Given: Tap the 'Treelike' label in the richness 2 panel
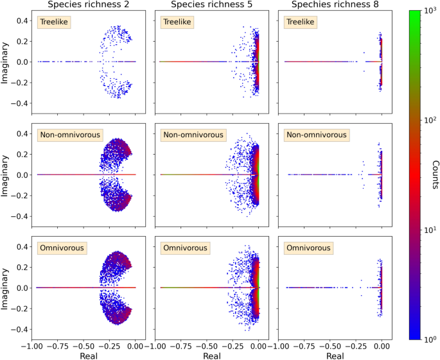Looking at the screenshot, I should [x=54, y=22].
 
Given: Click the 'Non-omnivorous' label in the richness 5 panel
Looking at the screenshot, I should [x=192, y=135].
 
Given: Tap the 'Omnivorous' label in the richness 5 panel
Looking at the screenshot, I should [x=184, y=248].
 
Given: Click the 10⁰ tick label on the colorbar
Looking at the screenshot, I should [x=427, y=338].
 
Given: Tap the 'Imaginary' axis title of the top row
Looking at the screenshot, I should [x=5, y=62].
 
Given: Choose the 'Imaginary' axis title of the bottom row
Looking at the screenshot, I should [x=5, y=287].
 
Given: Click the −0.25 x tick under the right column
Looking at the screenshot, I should [x=355, y=345].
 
